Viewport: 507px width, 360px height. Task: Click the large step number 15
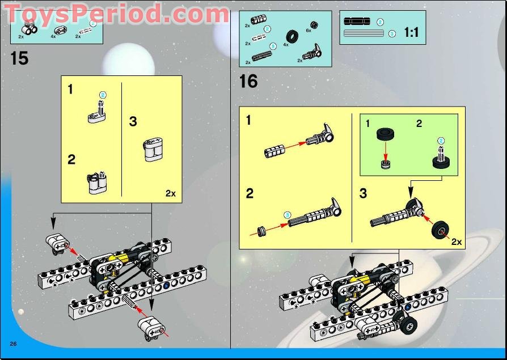pos(19,58)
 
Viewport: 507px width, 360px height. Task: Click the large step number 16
pos(248,82)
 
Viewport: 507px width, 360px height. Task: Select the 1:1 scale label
pos(411,33)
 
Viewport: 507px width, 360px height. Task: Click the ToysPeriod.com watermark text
pos(116,14)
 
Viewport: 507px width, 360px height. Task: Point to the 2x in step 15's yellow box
pos(170,193)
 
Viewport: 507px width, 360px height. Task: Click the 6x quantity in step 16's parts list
pos(309,30)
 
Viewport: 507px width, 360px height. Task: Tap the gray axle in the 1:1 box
pos(365,34)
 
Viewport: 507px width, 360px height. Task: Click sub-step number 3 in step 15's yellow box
pos(133,121)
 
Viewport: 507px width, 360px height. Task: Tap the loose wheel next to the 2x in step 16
pos(440,231)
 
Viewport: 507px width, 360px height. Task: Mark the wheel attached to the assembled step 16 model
pos(407,324)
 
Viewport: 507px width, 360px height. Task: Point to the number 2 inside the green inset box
pos(419,124)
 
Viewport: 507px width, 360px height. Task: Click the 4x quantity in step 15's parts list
pos(53,36)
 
